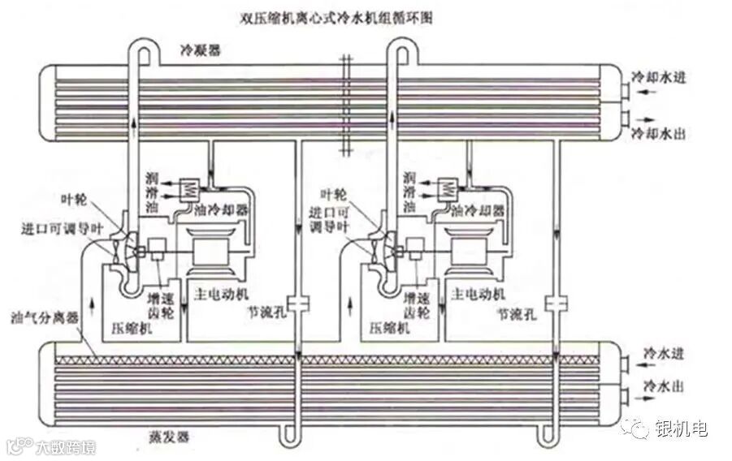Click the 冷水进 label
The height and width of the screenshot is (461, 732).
tap(660, 354)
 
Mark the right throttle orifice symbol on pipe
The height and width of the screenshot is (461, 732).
tap(556, 304)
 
